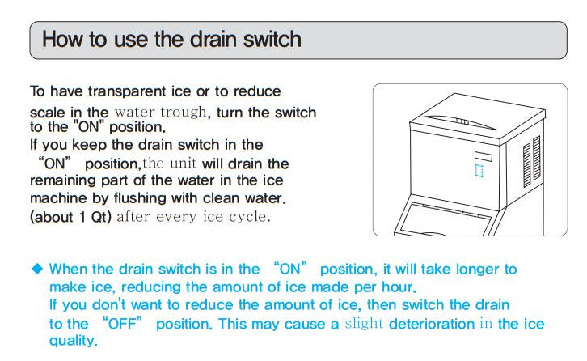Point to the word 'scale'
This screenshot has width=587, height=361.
(47, 112)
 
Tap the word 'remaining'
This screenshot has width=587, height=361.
(63, 180)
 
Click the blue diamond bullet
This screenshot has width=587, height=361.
(37, 270)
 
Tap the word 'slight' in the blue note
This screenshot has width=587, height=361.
(365, 324)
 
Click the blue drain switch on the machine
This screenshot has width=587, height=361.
(479, 172)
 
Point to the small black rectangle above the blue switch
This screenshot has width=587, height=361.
(482, 155)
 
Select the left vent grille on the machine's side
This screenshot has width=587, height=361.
(526, 168)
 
